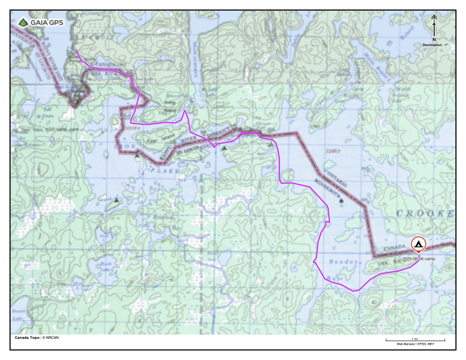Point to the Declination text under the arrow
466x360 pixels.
click(x=435, y=45)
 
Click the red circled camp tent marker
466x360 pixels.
click(x=418, y=244)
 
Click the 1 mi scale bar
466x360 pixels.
click(x=415, y=340)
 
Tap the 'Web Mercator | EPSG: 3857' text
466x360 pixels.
click(x=415, y=344)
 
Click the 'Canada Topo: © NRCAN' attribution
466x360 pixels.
click(x=36, y=338)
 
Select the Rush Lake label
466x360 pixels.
click(x=106, y=266)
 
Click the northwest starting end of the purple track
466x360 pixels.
click(x=77, y=51)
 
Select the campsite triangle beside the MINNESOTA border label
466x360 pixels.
click(x=342, y=200)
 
